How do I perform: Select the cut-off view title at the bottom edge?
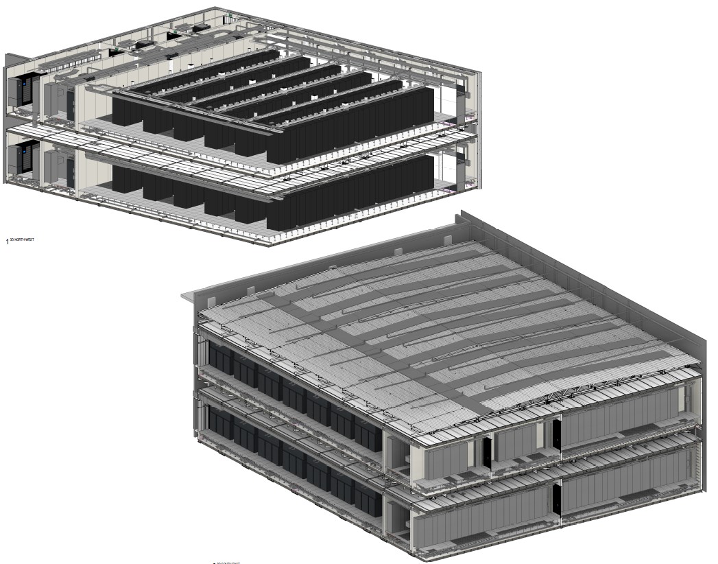click(x=227, y=562)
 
